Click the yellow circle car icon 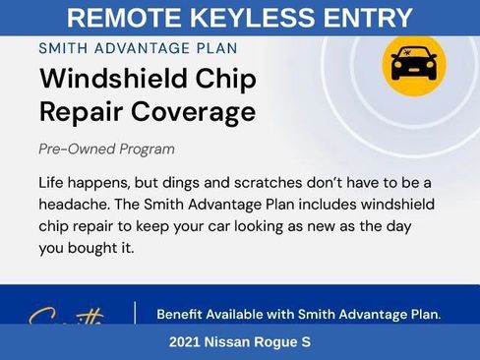point(413,64)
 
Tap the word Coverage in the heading point(193,111)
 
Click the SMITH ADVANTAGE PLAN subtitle point(138,47)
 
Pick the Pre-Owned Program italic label point(106,150)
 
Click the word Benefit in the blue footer point(184,315)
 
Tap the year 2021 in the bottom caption point(185,342)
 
